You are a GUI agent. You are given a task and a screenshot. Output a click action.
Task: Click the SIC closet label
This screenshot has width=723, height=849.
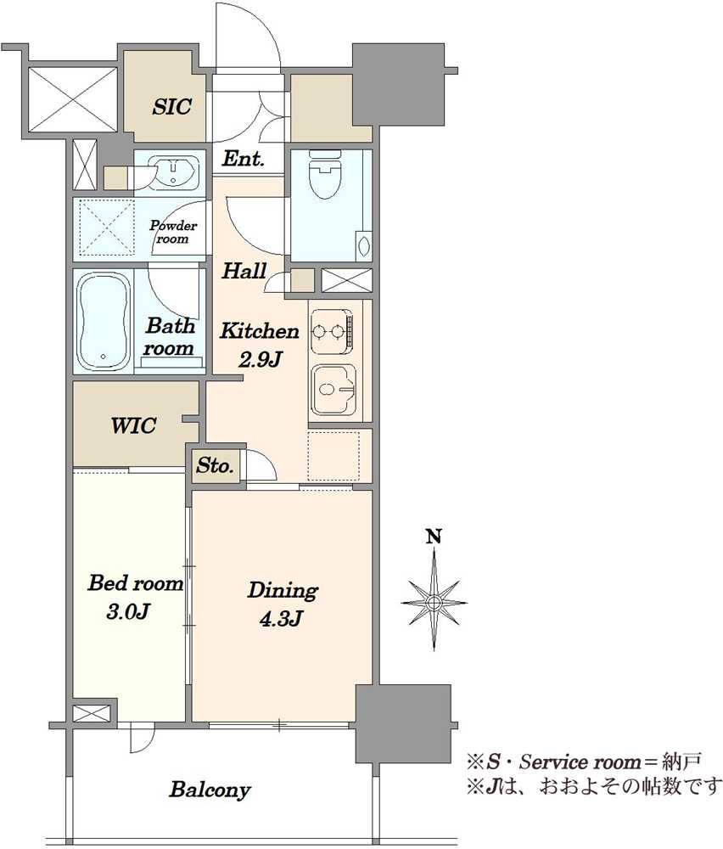171,106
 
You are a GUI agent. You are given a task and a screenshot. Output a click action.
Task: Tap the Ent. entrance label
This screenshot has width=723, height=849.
243,160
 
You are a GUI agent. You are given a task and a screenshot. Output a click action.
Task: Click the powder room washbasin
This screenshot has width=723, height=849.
173,171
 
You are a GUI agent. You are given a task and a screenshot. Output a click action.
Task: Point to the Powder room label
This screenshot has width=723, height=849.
173,232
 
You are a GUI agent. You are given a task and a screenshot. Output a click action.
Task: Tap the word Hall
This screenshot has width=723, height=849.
244,271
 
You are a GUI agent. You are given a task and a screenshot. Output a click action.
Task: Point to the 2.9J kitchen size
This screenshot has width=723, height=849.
261,359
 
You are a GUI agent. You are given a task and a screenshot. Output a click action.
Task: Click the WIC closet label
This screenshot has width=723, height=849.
133,425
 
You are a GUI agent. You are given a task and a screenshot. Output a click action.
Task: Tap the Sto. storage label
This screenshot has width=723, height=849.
215,465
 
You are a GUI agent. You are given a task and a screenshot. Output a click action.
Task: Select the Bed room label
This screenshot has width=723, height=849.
135,583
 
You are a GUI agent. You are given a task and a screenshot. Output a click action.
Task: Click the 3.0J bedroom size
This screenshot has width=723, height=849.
128,612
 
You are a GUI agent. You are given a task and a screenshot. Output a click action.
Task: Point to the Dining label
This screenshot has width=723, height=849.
283,591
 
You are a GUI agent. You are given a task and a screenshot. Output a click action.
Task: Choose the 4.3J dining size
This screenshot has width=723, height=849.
280,618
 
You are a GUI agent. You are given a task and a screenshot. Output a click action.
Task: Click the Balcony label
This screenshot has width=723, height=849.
210,790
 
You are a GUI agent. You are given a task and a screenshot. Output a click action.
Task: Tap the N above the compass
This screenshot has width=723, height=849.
434,537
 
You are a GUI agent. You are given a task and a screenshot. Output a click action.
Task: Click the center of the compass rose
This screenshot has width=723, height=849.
434,602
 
